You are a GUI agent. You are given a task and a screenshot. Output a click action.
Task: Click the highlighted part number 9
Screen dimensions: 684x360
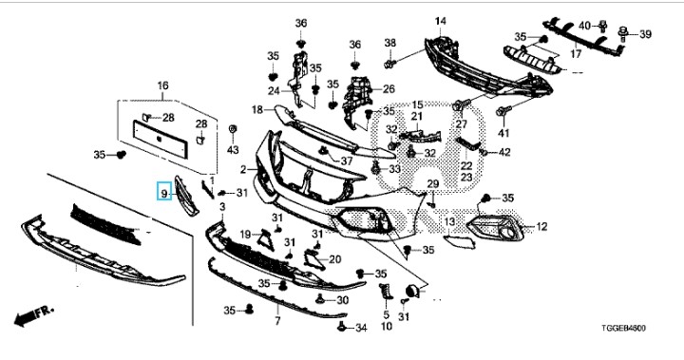pyautogui.click(x=164, y=191)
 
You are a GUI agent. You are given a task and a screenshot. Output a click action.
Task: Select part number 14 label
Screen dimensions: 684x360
pyautogui.click(x=440, y=21)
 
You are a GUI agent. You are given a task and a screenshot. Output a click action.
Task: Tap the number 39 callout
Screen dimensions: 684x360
pyautogui.click(x=645, y=33)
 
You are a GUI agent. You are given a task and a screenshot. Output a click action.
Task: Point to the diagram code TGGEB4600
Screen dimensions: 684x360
pyautogui.click(x=624, y=328)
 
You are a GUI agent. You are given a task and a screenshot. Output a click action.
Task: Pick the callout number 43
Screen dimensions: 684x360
pyautogui.click(x=233, y=150)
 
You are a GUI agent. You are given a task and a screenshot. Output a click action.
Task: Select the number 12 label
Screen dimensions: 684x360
pyautogui.click(x=541, y=226)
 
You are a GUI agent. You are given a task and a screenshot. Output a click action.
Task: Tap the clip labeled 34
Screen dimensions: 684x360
pyautogui.click(x=342, y=326)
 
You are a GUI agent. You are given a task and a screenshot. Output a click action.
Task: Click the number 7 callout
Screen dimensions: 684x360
pyautogui.click(x=277, y=321)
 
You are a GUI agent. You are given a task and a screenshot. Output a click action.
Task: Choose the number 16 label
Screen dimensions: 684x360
pyautogui.click(x=162, y=85)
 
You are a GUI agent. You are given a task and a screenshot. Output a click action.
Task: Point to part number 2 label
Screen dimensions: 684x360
pyautogui.click(x=243, y=169)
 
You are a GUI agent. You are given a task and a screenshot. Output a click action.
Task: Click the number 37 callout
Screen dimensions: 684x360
pyautogui.click(x=347, y=161)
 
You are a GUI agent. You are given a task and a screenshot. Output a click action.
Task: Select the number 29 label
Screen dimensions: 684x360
pyautogui.click(x=433, y=184)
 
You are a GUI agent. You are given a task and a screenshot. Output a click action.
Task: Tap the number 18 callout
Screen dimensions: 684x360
pyautogui.click(x=257, y=109)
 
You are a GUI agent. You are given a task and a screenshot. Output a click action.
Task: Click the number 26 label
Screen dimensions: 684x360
pyautogui.click(x=389, y=89)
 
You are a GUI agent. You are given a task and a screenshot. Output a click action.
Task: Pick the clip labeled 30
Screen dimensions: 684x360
pyautogui.click(x=320, y=298)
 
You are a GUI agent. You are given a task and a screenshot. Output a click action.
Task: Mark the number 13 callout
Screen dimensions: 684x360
pyautogui.click(x=449, y=222)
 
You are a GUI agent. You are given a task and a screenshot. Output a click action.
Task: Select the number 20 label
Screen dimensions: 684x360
pyautogui.click(x=334, y=259)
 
